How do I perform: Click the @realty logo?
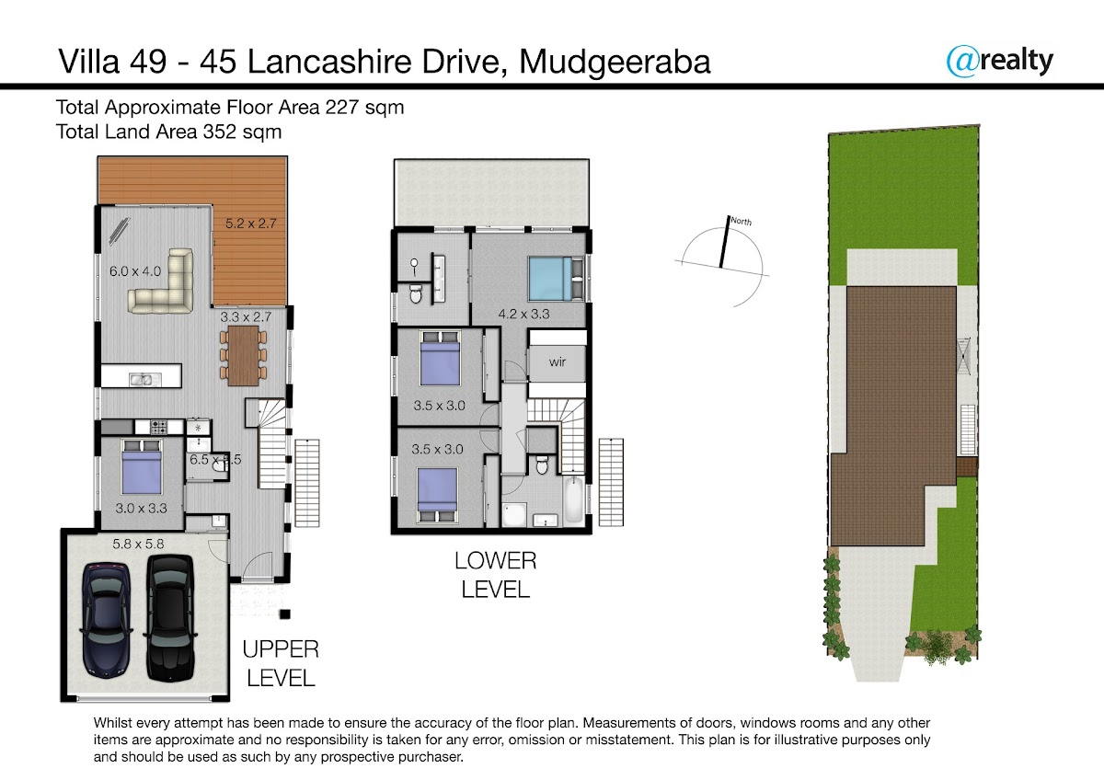pyautogui.click(x=999, y=62)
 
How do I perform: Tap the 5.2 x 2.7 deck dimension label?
pyautogui.click(x=251, y=224)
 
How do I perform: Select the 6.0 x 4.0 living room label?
pyautogui.click(x=135, y=271)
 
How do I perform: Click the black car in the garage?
pyautogui.click(x=169, y=618)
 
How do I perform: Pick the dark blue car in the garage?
pyautogui.click(x=106, y=620)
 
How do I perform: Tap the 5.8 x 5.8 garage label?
pyautogui.click(x=138, y=544)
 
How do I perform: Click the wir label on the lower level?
pyautogui.click(x=557, y=362)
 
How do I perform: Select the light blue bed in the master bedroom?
pyautogui.click(x=552, y=279)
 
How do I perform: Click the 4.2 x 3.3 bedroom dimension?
pyautogui.click(x=523, y=314)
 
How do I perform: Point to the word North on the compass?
pyautogui.click(x=742, y=222)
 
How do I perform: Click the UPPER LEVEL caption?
pyautogui.click(x=281, y=664)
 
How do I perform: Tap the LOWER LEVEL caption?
pyautogui.click(x=495, y=575)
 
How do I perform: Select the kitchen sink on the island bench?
pyautogui.click(x=145, y=379)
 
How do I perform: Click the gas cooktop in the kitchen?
pyautogui.click(x=158, y=427)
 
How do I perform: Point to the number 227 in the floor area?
pyautogui.click(x=341, y=107)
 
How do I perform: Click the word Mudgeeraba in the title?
pyautogui.click(x=615, y=63)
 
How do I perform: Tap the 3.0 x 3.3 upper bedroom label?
pyautogui.click(x=141, y=508)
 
